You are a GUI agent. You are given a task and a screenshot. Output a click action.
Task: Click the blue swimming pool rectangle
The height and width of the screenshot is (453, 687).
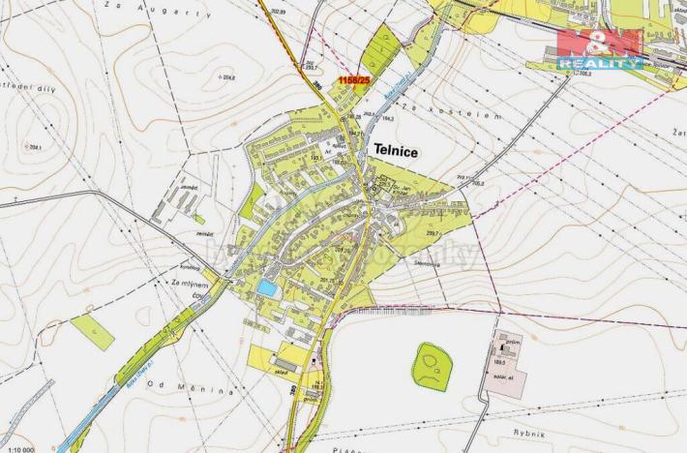(265, 288)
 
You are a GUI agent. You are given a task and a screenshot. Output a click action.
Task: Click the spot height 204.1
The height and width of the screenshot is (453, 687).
(36, 147)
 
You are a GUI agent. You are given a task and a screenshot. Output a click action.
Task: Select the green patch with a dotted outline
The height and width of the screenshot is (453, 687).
(433, 366)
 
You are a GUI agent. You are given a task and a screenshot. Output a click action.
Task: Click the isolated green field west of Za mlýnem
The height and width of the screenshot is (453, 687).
(93, 331)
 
